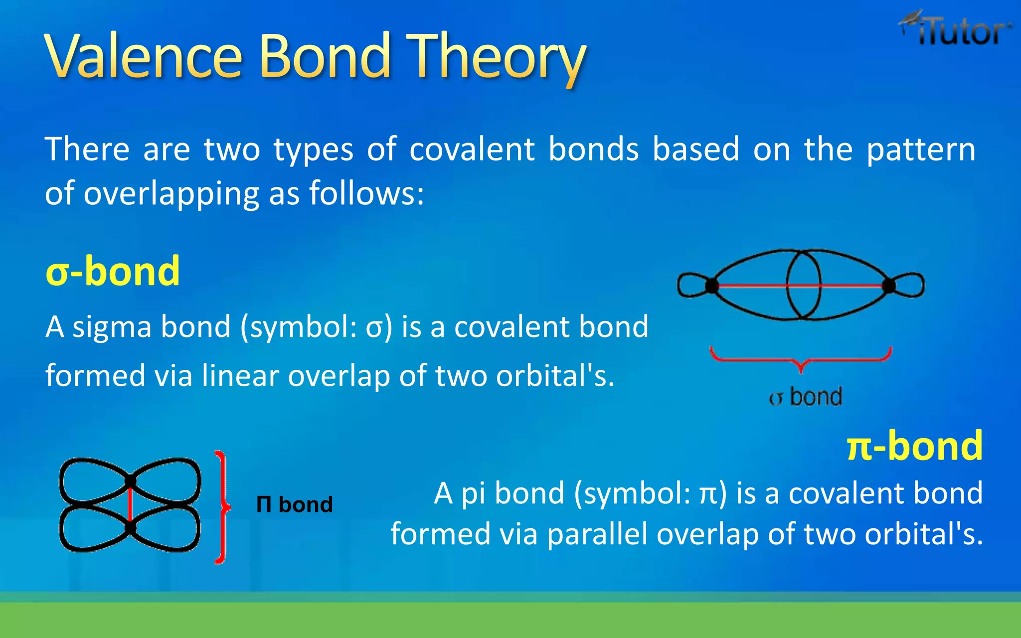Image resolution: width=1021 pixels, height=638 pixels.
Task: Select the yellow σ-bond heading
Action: [113, 272]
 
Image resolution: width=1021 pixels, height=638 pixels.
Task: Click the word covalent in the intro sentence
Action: [472, 149]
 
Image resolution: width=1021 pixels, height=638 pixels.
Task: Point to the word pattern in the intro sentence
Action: [920, 150]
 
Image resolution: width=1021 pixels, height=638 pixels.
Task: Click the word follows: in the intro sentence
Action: [366, 193]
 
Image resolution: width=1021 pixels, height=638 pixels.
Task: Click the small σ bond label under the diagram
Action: [805, 397]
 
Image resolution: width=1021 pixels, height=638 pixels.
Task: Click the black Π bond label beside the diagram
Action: [294, 505]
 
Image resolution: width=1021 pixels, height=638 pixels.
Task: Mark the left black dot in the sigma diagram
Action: [712, 286]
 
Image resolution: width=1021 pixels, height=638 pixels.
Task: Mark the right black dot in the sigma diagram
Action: [889, 286]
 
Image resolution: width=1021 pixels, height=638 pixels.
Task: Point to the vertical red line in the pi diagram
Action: [131, 504]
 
